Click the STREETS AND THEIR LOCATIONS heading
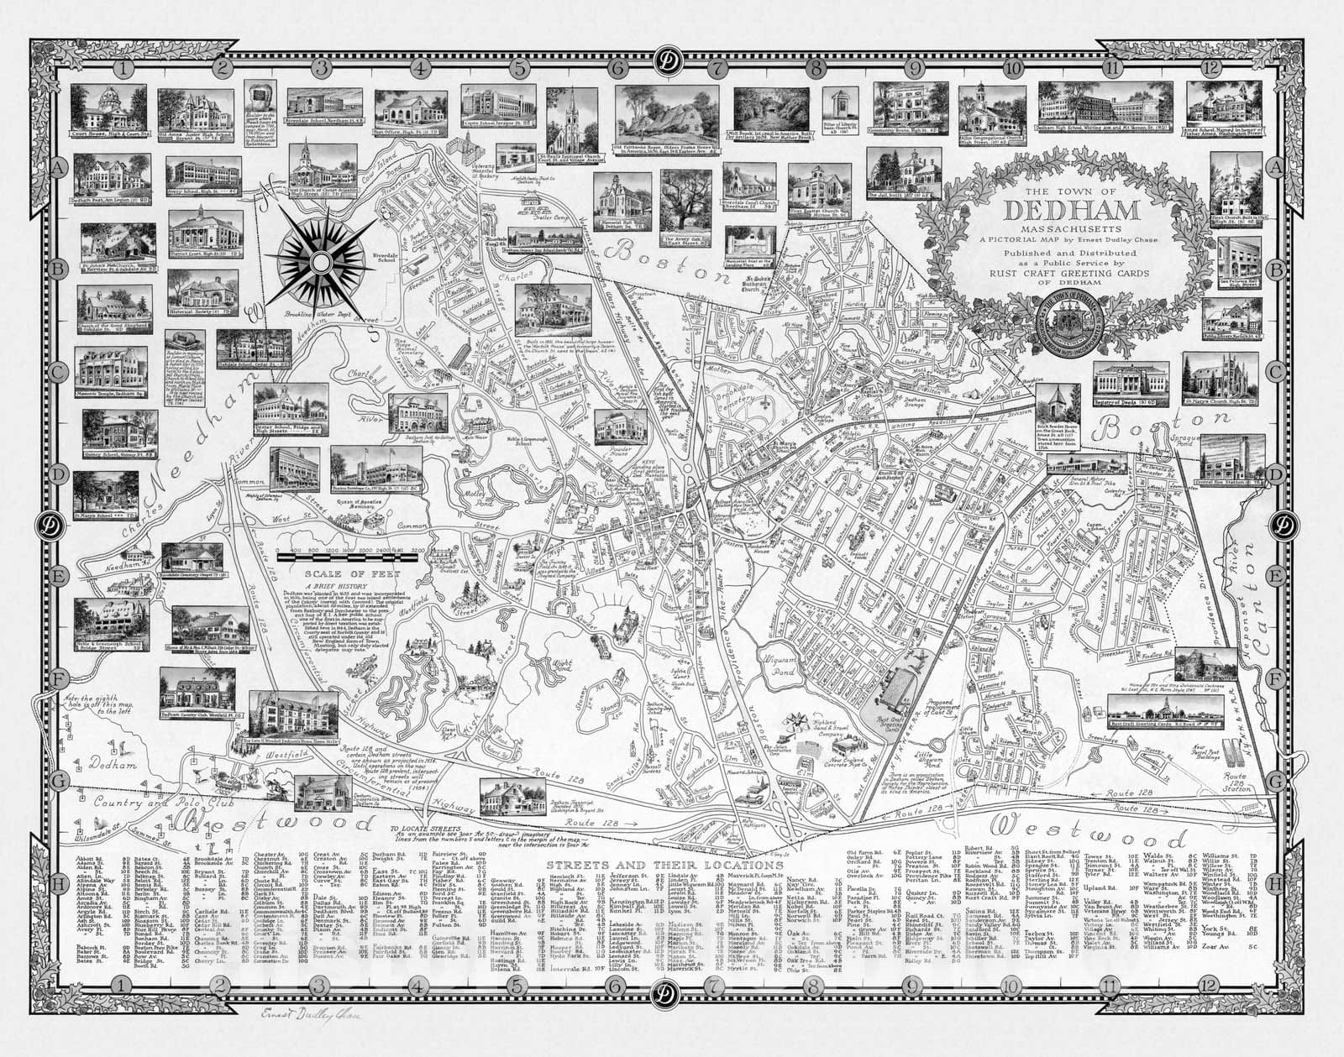[664, 864]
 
